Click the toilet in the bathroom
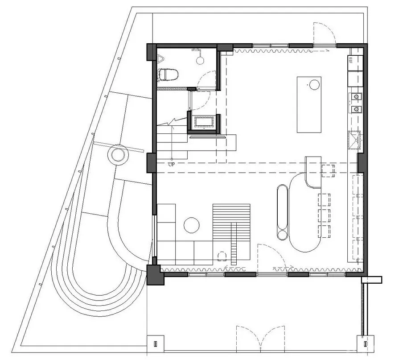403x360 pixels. pos(169,74)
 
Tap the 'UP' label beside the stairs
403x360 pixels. pos(171,164)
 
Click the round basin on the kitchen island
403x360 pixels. pos(315,84)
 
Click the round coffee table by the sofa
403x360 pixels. pos(192,225)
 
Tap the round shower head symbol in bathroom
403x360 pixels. pos(200,58)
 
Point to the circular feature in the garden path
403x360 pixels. pos(118,155)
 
